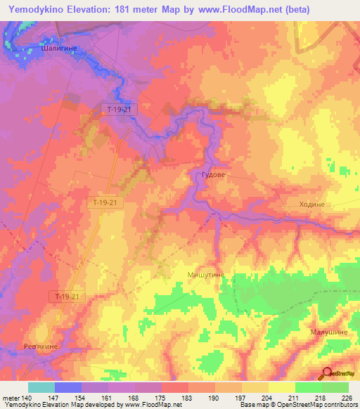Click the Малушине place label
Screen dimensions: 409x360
click(326, 330)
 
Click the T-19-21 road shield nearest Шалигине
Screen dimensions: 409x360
click(120, 109)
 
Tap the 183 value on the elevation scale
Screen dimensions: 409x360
click(187, 398)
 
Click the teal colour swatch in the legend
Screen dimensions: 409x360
click(41, 387)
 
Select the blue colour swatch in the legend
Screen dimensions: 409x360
click(67, 387)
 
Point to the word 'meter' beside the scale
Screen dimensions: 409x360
click(11, 398)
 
